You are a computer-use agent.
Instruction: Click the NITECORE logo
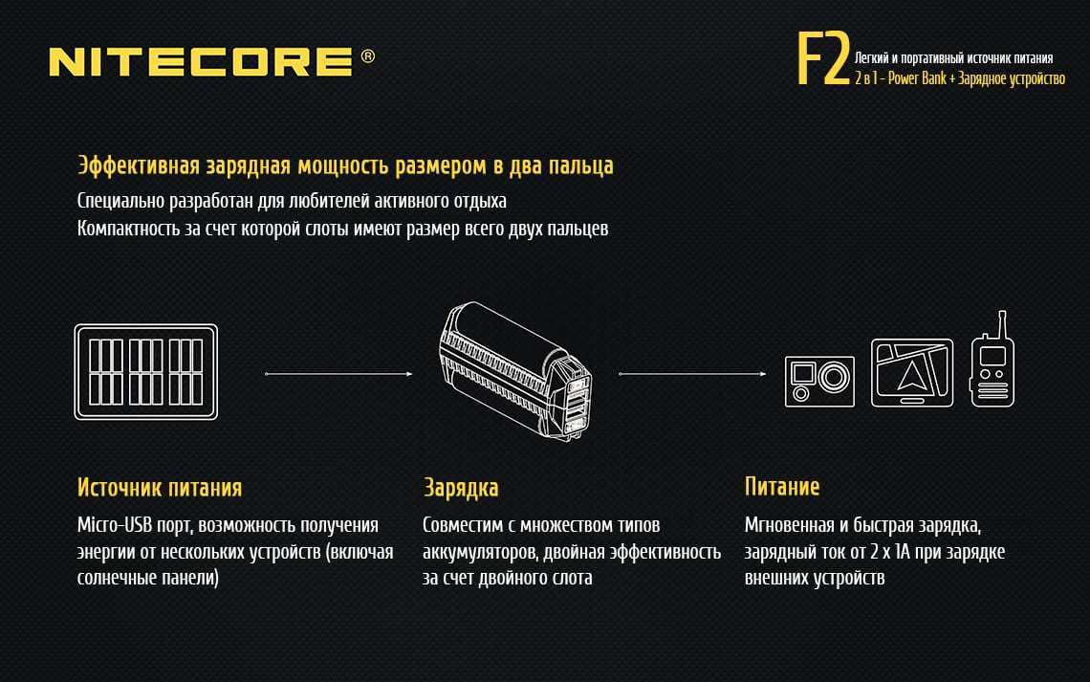click(x=200, y=62)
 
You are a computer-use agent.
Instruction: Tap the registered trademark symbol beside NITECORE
click(x=368, y=57)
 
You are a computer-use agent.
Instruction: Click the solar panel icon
click(x=146, y=371)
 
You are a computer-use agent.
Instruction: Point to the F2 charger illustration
click(x=517, y=373)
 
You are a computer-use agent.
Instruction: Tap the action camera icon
click(x=819, y=381)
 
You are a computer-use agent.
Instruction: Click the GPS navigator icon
click(x=912, y=372)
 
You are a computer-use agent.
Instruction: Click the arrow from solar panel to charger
click(x=338, y=374)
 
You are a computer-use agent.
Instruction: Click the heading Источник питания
click(x=160, y=488)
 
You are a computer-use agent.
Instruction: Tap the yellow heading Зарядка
click(x=461, y=488)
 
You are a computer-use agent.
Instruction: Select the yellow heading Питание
click(x=782, y=487)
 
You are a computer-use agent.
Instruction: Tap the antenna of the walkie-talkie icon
click(x=1000, y=322)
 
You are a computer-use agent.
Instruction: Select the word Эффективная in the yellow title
click(x=138, y=166)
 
